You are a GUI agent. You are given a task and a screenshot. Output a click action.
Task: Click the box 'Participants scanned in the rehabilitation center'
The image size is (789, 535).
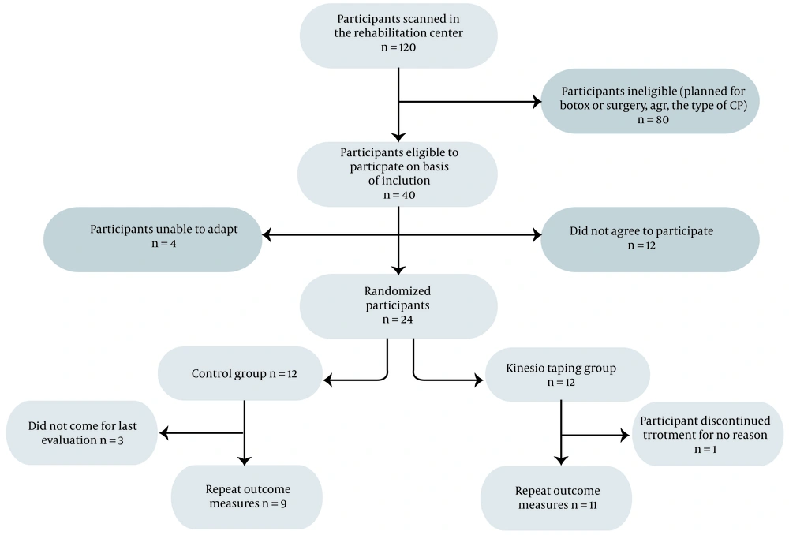pyautogui.click(x=398, y=36)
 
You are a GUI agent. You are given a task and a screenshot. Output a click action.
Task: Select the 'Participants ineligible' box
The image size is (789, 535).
pyautogui.click(x=650, y=101)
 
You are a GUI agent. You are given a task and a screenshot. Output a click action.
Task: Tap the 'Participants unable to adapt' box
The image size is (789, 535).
pyautogui.click(x=153, y=240)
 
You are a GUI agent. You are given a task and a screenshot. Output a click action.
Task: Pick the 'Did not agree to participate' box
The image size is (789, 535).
pyautogui.click(x=650, y=240)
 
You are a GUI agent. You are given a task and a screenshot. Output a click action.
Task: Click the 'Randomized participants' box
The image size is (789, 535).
pyautogui.click(x=398, y=306)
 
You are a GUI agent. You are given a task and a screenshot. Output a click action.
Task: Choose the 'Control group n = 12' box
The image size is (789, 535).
pyautogui.click(x=240, y=373)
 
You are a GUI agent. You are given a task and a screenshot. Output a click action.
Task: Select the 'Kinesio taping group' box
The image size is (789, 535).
pyautogui.click(x=567, y=375)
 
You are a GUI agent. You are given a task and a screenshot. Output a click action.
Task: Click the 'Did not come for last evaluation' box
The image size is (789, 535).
pyautogui.click(x=82, y=433)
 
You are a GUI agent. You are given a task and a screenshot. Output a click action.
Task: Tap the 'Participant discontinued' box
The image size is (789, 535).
pyautogui.click(x=708, y=434)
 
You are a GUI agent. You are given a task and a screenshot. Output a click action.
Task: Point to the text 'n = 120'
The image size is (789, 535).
pyautogui.click(x=398, y=47)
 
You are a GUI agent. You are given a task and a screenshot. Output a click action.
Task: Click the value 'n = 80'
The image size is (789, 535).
pyautogui.click(x=653, y=120)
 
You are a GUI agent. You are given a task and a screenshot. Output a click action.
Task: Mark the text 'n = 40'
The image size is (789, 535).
pyautogui.click(x=399, y=195)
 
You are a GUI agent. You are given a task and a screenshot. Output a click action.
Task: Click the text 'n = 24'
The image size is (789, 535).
pyautogui.click(x=398, y=320)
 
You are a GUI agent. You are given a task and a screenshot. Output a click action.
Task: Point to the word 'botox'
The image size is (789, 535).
pyautogui.click(x=574, y=106)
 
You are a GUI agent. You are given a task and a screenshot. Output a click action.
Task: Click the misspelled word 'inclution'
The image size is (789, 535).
pyautogui.click(x=408, y=180)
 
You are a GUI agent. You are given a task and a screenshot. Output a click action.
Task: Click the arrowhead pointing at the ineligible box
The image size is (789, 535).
pyautogui.click(x=537, y=102)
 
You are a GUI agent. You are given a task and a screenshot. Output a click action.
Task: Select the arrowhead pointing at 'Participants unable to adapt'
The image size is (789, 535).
pyautogui.click(x=267, y=234)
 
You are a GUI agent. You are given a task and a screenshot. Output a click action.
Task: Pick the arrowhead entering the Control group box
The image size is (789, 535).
pyautogui.click(x=327, y=380)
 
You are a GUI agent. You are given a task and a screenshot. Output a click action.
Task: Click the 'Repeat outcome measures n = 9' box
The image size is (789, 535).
pyautogui.click(x=246, y=497)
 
